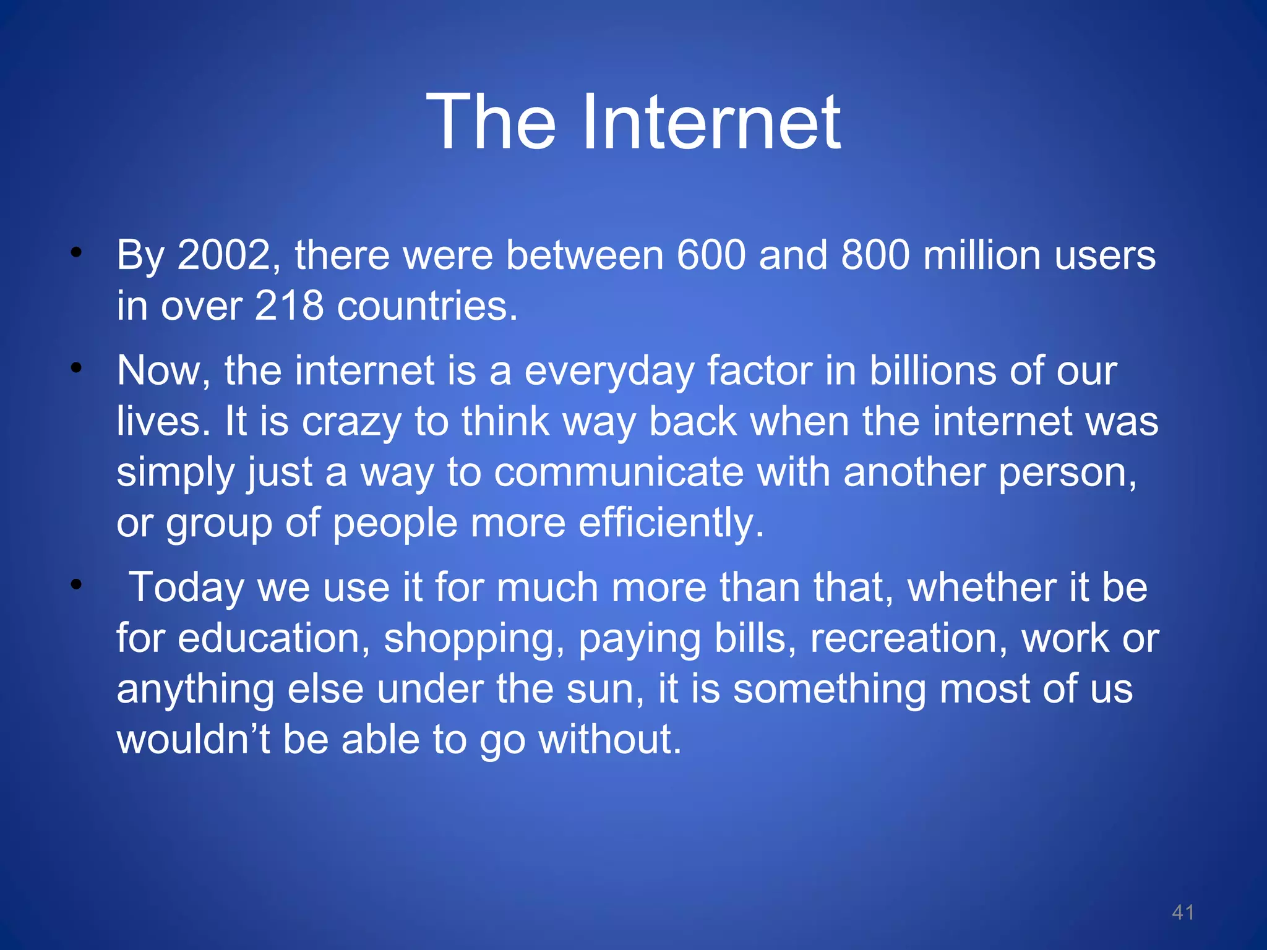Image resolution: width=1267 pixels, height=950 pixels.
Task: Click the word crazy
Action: [x=352, y=423]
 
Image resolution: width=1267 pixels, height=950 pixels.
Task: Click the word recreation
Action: [x=909, y=638]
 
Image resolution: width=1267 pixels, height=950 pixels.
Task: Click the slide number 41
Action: [x=1183, y=912]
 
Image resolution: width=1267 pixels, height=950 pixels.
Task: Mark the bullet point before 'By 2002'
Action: [x=76, y=252]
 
